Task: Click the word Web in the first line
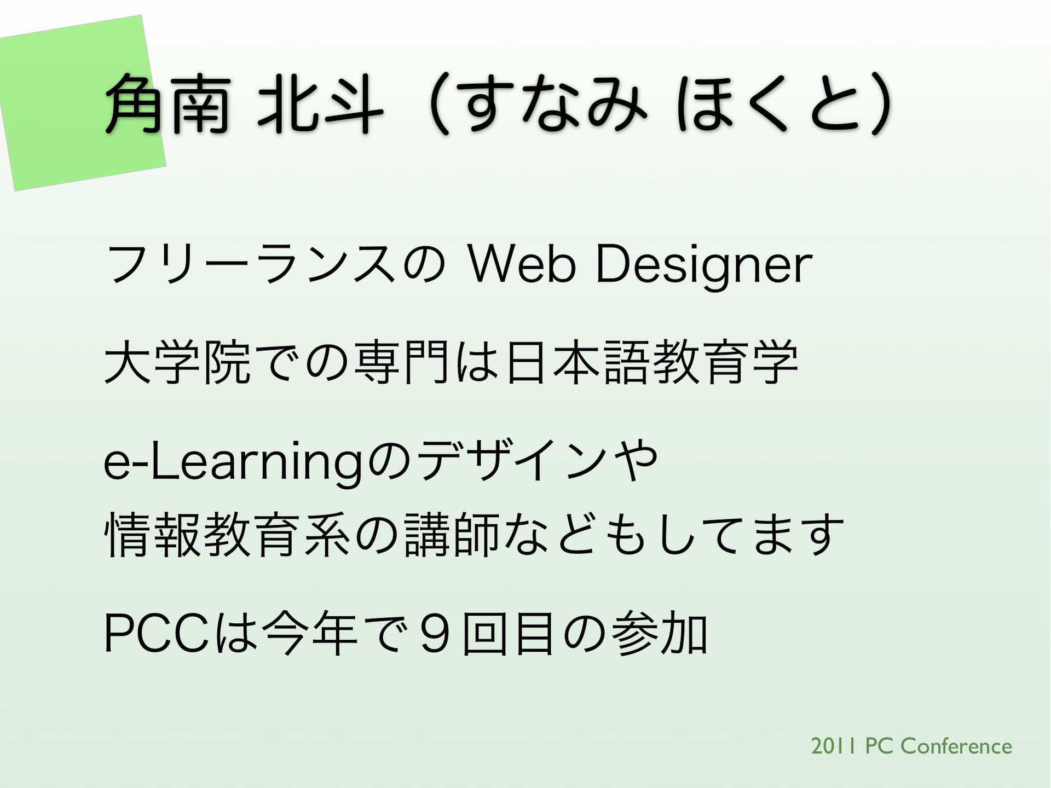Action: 522,264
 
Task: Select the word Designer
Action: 704,267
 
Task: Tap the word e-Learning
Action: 233,462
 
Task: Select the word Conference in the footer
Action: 956,746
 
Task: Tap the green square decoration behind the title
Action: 82,103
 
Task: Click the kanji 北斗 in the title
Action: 321,105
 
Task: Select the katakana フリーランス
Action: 250,264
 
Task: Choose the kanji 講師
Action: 452,535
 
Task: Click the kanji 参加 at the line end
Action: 660,634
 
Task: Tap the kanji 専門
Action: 402,362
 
